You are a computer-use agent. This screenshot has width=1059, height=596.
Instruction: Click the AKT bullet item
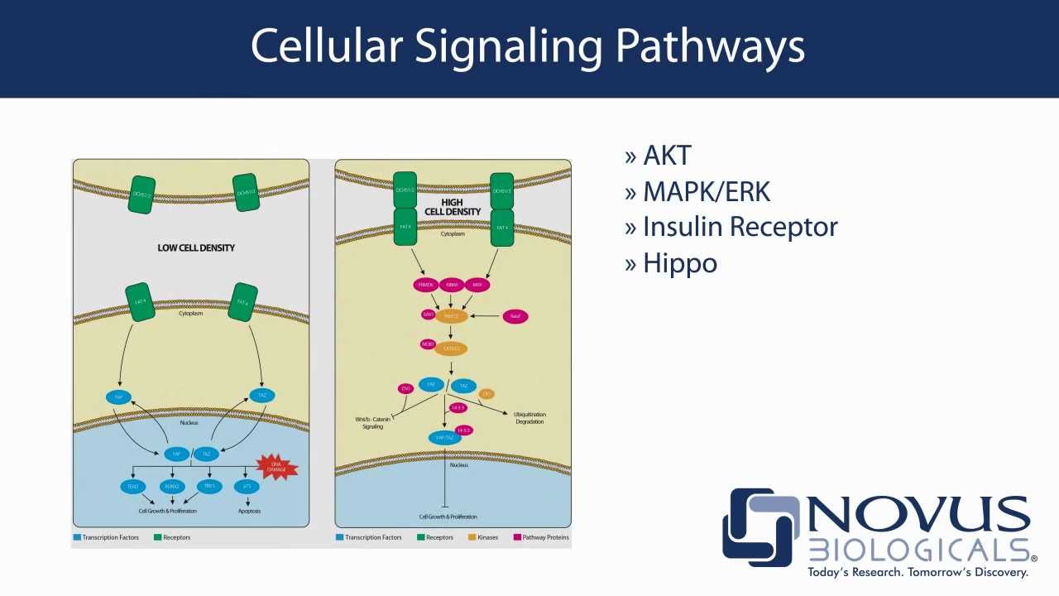(x=666, y=156)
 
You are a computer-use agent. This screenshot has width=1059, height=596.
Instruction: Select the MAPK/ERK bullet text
(x=706, y=192)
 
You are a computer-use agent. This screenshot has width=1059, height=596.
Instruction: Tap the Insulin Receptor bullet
(x=740, y=227)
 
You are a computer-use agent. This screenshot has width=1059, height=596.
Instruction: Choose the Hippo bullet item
(x=679, y=263)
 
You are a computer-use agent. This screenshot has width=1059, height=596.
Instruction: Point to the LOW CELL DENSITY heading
(x=196, y=248)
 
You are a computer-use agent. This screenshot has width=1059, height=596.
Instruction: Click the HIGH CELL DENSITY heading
(x=453, y=207)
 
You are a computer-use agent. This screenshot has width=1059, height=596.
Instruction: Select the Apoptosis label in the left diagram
(x=249, y=511)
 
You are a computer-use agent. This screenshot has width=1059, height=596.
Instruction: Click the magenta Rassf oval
(x=515, y=316)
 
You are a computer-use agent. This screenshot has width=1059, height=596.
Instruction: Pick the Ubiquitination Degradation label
(x=529, y=418)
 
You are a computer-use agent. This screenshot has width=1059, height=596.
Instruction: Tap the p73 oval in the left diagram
(x=247, y=487)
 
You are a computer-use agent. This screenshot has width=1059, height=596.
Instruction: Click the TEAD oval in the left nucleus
(x=132, y=487)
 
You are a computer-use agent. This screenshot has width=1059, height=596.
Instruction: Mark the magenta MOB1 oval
(x=428, y=344)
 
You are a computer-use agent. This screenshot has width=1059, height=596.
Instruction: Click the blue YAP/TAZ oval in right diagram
(x=444, y=437)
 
